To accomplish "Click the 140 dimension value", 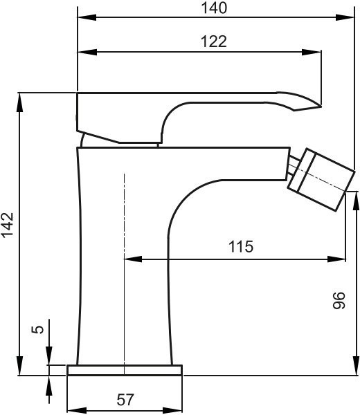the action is pyautogui.click(x=214, y=8).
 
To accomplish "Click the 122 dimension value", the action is pyautogui.click(x=214, y=41).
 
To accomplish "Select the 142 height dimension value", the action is pyautogui.click(x=8, y=224).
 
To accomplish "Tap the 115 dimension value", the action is pyautogui.click(x=240, y=246).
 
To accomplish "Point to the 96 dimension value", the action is pyautogui.click(x=339, y=300).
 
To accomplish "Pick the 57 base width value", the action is pyautogui.click(x=125, y=399).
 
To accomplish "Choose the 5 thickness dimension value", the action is pyautogui.click(x=37, y=329).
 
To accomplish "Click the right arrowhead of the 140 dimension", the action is pyautogui.click(x=345, y=17).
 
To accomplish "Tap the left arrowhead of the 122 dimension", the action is pyautogui.click(x=87, y=52).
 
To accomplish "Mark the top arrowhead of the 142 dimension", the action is pyautogui.click(x=19, y=102).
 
